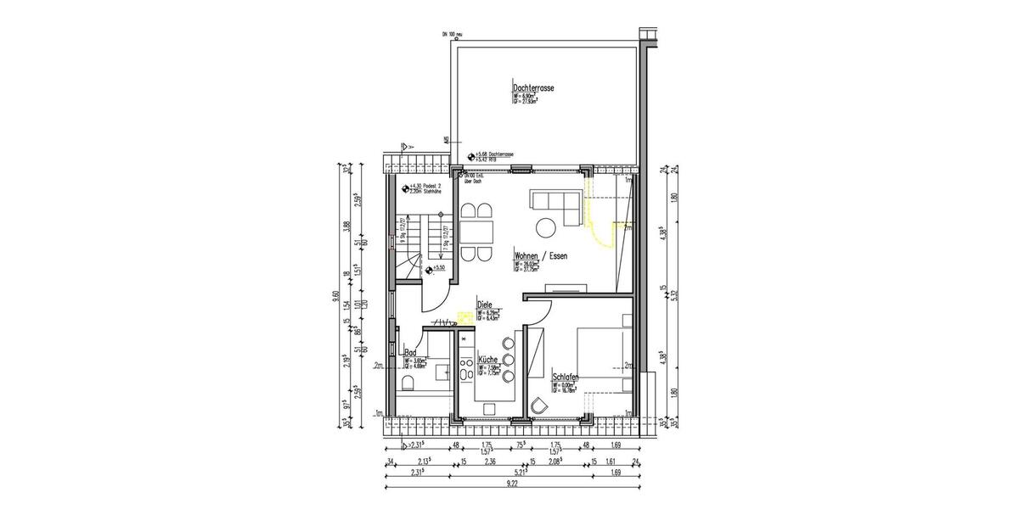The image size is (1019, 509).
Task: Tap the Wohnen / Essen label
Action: [x=540, y=255]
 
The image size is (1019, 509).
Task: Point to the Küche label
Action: [x=487, y=359]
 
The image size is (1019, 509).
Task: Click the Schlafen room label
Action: [x=566, y=378]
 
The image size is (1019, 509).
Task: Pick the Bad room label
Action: [x=409, y=352]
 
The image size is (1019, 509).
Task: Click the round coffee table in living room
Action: [x=545, y=227]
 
